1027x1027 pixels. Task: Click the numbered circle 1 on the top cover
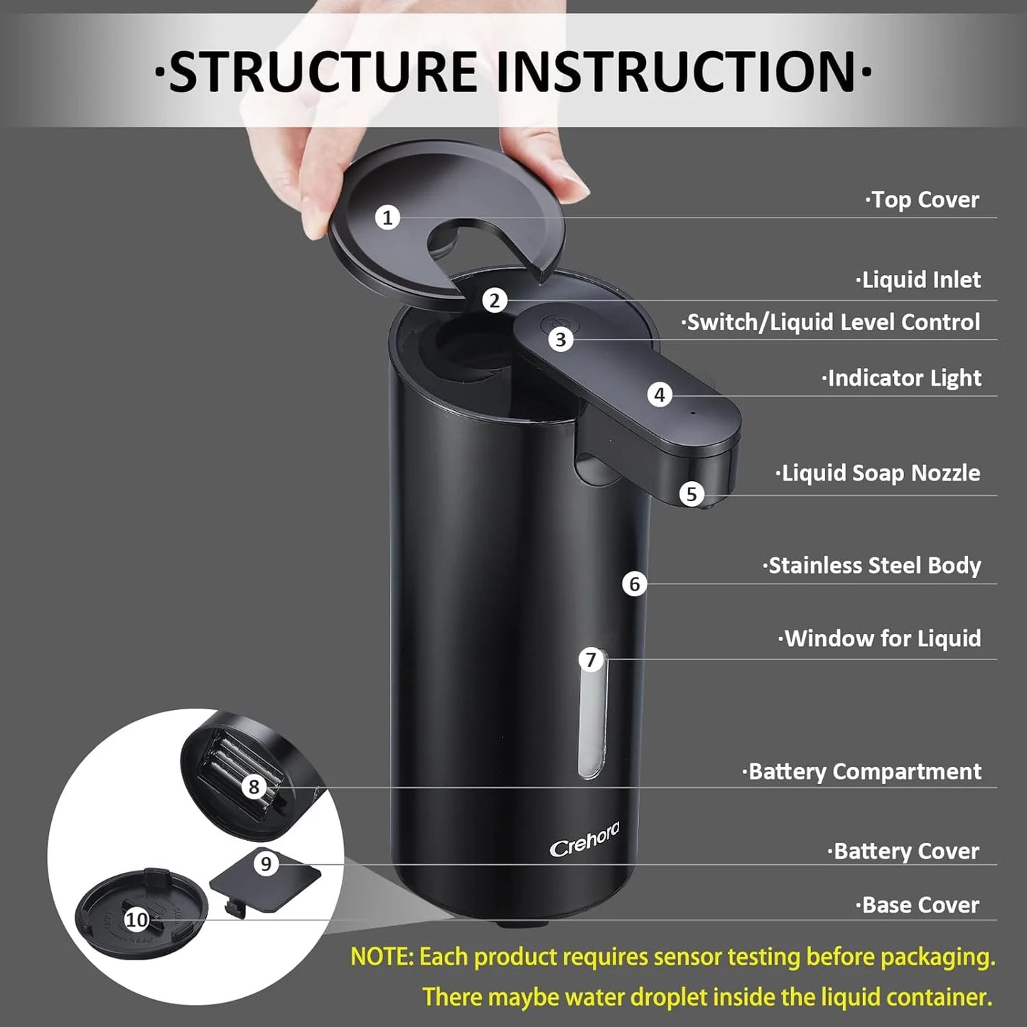(x=387, y=217)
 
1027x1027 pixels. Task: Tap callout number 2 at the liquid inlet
(x=495, y=300)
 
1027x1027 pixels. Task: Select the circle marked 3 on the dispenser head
(x=561, y=340)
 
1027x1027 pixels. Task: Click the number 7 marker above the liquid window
(x=591, y=660)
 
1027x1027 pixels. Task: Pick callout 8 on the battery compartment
(x=254, y=787)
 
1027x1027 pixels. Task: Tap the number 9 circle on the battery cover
(x=266, y=864)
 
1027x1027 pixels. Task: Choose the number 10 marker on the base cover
(x=136, y=920)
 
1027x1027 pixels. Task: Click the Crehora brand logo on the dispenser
(x=584, y=839)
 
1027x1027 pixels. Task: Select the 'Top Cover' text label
(x=923, y=200)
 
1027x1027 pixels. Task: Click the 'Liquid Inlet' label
(x=918, y=280)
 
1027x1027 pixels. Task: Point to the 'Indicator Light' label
(x=902, y=378)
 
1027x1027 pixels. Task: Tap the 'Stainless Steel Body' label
(x=872, y=566)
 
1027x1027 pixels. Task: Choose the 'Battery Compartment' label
(x=862, y=772)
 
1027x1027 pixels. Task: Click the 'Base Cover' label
(x=918, y=905)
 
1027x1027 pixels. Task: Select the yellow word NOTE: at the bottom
(x=382, y=957)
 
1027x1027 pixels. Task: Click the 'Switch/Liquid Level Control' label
(x=832, y=322)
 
